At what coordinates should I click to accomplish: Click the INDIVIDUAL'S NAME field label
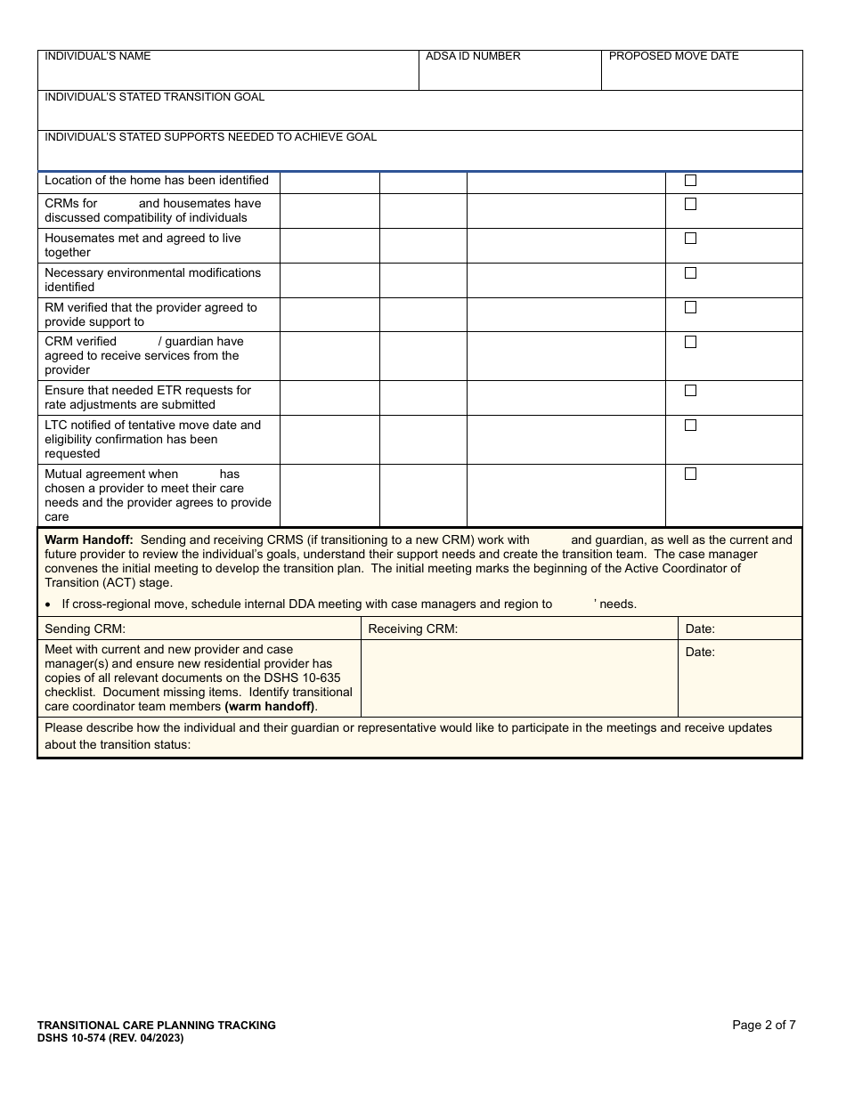coord(98,56)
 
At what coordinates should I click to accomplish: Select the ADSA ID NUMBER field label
coord(473,56)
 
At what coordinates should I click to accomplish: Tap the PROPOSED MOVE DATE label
coord(674,56)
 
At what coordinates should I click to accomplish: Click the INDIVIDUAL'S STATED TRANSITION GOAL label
coord(154,97)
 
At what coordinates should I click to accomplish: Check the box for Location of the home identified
coord(690,181)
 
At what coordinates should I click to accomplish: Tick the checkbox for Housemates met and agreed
coord(690,239)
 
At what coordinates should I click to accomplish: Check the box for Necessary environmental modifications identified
coord(690,273)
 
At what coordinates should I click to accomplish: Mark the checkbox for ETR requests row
coord(690,391)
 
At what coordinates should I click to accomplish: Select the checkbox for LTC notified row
coord(690,426)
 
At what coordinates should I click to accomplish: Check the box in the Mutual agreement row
coord(690,474)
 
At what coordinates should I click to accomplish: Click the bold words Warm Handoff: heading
coord(89,539)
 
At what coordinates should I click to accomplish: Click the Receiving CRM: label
coord(412,629)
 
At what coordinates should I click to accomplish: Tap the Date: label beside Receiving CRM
coord(700,629)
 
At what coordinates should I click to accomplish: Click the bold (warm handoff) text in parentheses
coord(270,707)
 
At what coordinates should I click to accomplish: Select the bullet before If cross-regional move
coord(49,604)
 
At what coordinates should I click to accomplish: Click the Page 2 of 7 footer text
coord(763,1025)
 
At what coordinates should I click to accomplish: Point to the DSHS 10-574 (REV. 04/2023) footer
coord(110,1038)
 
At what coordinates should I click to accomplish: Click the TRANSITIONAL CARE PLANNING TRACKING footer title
coord(157,1026)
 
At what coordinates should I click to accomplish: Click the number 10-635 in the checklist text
coord(321,678)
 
